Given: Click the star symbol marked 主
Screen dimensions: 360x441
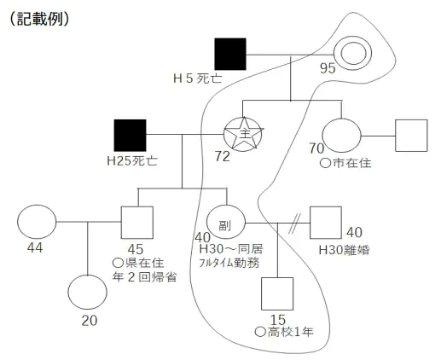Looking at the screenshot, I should point(243,134).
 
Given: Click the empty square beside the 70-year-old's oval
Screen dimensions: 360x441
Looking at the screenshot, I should point(410,135).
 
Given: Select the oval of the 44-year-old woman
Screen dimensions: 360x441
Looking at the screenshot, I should point(36,223).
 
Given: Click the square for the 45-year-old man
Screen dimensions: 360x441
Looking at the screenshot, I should point(136,224).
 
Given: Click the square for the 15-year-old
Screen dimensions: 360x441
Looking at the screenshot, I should point(277,293).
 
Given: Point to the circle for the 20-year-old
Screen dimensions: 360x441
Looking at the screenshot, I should point(90,292).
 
